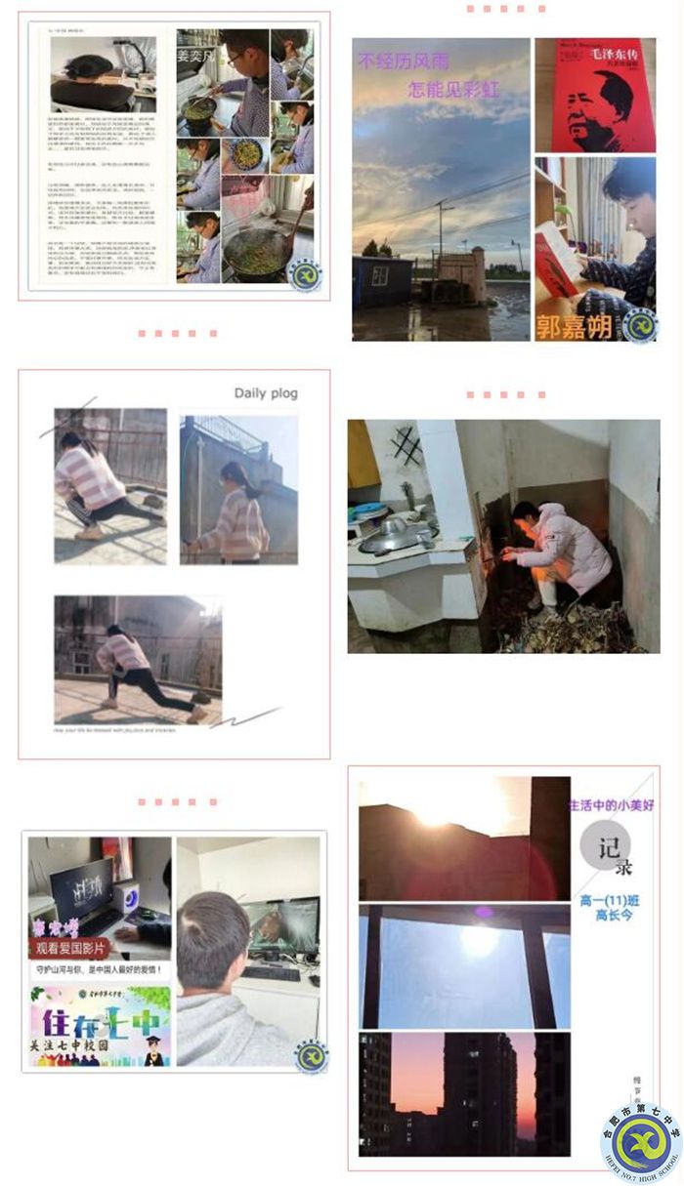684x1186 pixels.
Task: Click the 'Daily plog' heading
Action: (266, 393)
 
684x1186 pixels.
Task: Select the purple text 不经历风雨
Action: (404, 63)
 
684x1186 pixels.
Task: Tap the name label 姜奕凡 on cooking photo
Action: (199, 55)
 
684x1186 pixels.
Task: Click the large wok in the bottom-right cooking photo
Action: (257, 252)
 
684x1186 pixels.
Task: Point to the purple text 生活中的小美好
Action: (613, 805)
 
